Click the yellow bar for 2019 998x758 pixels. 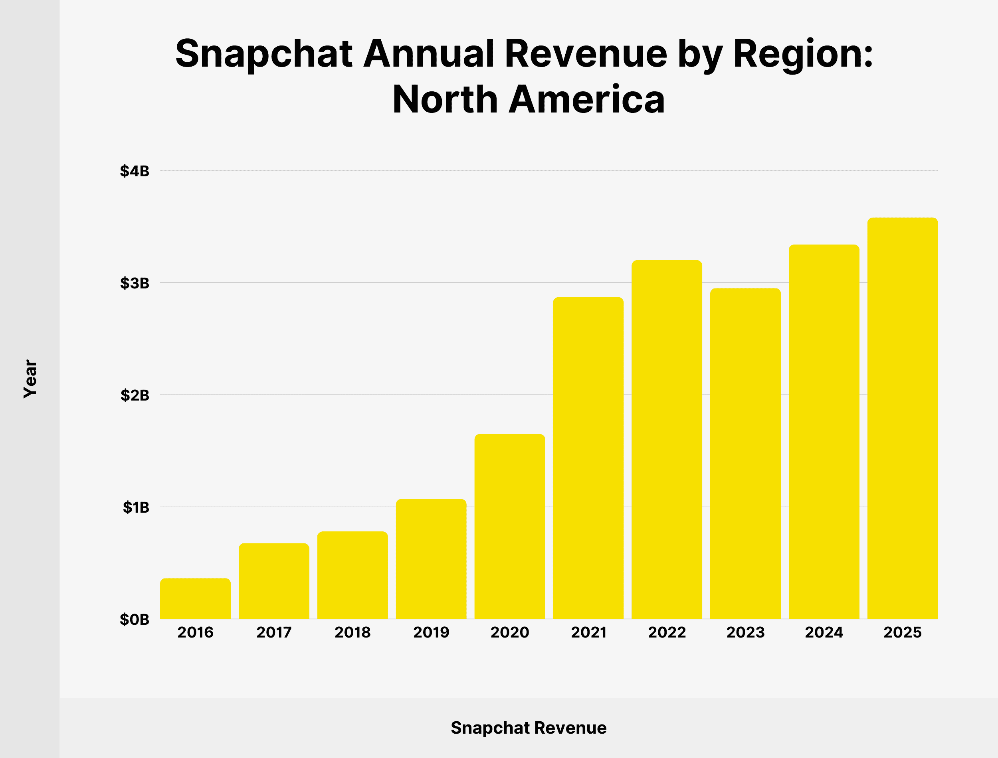(x=431, y=559)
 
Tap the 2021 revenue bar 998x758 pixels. (x=588, y=458)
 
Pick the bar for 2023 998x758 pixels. (x=745, y=454)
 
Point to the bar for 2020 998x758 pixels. (x=510, y=527)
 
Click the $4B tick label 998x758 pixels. (x=135, y=171)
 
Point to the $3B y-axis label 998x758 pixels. (x=135, y=283)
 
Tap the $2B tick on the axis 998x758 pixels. (x=135, y=395)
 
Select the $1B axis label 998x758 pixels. (x=136, y=507)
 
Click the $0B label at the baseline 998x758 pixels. (x=135, y=620)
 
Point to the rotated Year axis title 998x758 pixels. (x=30, y=379)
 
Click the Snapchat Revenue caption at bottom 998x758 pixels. (x=529, y=728)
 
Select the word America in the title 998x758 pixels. (x=587, y=99)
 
